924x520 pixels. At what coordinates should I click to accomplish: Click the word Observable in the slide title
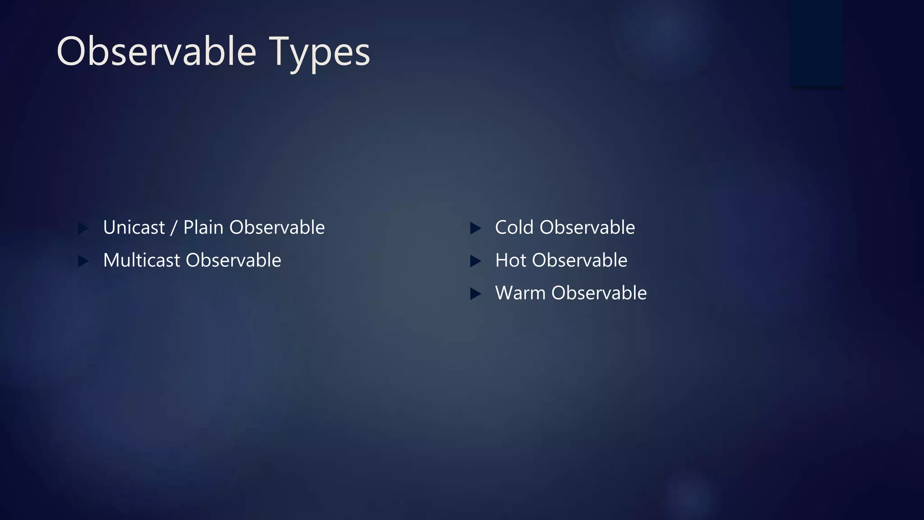pyautogui.click(x=156, y=51)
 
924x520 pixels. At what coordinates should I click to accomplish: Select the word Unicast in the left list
pyautogui.click(x=134, y=227)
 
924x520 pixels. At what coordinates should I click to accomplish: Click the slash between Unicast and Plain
pyautogui.click(x=174, y=228)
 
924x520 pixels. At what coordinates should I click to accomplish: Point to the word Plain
pyautogui.click(x=203, y=227)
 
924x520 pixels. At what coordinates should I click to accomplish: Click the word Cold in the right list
pyautogui.click(x=514, y=227)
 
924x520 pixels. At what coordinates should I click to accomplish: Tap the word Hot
pyautogui.click(x=511, y=260)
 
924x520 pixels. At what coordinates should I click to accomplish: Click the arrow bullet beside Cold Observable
pyautogui.click(x=475, y=228)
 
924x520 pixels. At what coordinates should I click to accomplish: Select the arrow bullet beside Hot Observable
pyautogui.click(x=475, y=261)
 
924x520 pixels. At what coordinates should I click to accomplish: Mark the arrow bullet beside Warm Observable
pyautogui.click(x=475, y=294)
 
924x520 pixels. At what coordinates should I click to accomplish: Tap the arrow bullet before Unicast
pyautogui.click(x=83, y=228)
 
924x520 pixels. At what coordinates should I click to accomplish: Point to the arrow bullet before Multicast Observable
pyautogui.click(x=83, y=261)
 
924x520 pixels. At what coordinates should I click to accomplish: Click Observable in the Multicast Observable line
pyautogui.click(x=233, y=260)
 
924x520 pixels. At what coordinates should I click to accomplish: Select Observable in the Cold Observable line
pyautogui.click(x=587, y=227)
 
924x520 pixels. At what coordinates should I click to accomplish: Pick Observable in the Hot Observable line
pyautogui.click(x=579, y=260)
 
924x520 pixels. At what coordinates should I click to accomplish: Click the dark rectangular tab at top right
pyautogui.click(x=817, y=43)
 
